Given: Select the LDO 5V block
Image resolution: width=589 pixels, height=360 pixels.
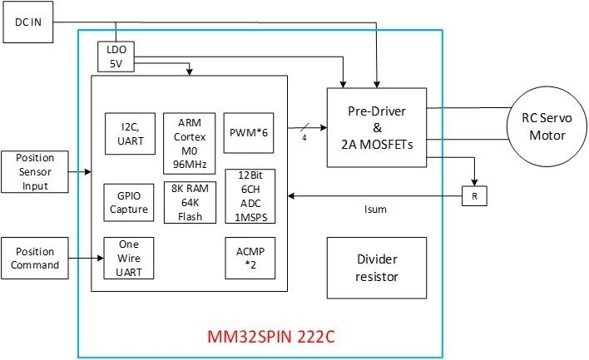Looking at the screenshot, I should point(116,57).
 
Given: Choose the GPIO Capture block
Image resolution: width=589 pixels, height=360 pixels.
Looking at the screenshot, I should point(128,202).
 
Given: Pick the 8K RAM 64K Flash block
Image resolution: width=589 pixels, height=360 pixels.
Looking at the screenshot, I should point(188,202).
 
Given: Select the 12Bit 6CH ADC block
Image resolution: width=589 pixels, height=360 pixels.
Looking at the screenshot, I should point(250,196).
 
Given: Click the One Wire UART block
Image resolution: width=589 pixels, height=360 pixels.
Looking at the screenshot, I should point(128,258).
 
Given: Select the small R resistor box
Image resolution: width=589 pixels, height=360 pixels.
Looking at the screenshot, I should point(475,197).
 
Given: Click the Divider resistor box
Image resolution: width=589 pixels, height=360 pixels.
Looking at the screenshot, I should point(377,268).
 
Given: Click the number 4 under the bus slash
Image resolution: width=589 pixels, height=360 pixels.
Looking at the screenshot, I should point(304,138).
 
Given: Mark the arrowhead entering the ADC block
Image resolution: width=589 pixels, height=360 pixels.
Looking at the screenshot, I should point(280,197).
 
